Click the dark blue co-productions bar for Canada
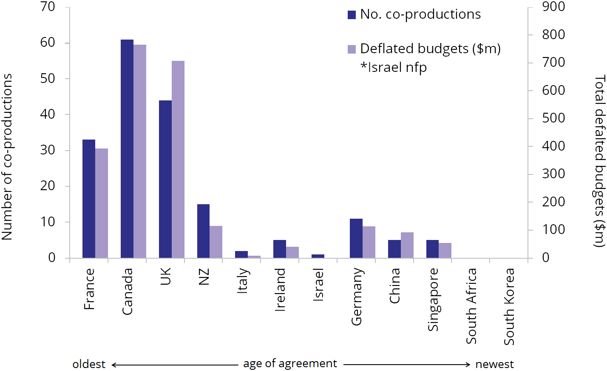point(127,148)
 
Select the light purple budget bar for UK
point(178,159)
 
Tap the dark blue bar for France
point(89,199)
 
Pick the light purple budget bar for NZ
point(216,242)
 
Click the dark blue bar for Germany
point(356,238)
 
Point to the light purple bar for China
point(407,245)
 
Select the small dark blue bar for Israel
point(318,256)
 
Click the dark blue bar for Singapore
point(432,249)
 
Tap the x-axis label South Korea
point(509,306)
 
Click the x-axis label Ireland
point(280,289)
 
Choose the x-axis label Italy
point(242,280)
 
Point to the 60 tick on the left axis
point(48,43)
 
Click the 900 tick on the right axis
point(553,6)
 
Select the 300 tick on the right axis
point(553,174)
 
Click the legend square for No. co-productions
point(352,15)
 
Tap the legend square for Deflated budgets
point(352,49)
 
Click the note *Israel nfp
point(394,67)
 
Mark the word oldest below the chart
point(89,364)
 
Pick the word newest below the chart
point(494,364)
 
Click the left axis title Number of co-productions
point(7,157)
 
